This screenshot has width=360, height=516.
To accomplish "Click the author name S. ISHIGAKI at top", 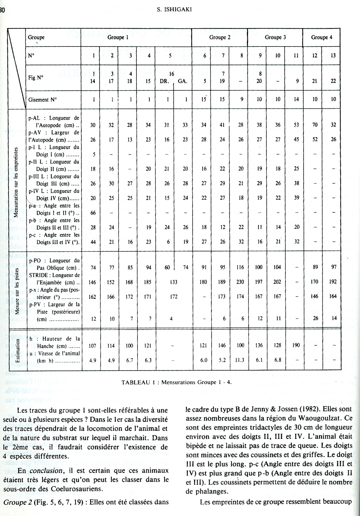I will coord(174,10).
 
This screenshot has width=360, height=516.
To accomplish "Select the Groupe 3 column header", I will coord(275,37).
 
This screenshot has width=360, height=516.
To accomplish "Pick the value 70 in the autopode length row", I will coord(315,125).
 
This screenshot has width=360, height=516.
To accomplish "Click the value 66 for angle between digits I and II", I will coord(93,213).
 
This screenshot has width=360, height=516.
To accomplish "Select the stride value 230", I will coord(240,282).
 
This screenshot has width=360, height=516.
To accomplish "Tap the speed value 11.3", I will coord(240,360).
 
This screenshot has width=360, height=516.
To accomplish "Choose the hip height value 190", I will coord(296,346).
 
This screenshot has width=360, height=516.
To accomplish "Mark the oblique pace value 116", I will coord(240,268).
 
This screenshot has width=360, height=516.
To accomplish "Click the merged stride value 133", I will coord(174,282).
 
